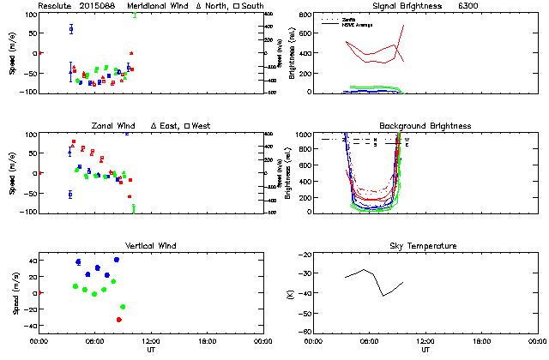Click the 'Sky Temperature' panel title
click(x=425, y=246)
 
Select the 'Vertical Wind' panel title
click(x=151, y=246)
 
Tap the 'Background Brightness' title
click(x=425, y=126)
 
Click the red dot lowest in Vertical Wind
click(x=119, y=320)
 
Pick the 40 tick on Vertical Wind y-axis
click(x=30, y=260)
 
